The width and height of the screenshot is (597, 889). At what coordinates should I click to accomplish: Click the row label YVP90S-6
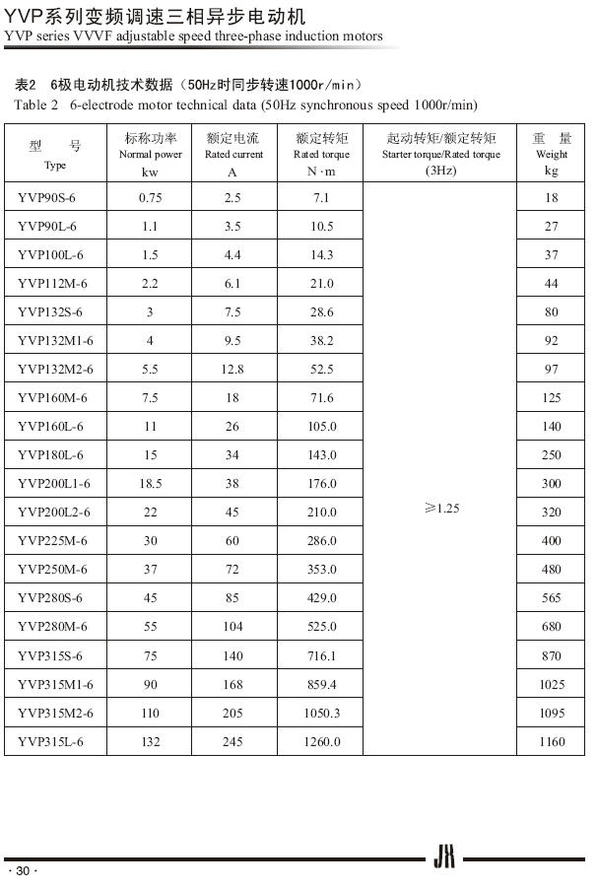coord(46,198)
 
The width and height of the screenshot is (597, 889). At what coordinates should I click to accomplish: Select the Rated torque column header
coord(321,154)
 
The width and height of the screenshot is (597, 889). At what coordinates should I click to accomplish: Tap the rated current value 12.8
coord(232,370)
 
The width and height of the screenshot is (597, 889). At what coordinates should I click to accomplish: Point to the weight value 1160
coord(552,741)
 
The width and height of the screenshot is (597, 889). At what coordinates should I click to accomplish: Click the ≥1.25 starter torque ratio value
coord(441,508)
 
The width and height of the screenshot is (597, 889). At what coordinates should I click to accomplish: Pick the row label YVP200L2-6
coord(54,513)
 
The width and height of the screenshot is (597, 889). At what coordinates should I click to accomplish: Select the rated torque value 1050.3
coord(322,713)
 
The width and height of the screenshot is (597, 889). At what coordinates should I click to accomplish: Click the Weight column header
coord(552,154)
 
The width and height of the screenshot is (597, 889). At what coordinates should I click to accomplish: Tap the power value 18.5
coord(151,484)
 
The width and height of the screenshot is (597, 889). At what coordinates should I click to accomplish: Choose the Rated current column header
coord(233,154)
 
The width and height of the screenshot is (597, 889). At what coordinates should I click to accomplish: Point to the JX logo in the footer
coord(444,859)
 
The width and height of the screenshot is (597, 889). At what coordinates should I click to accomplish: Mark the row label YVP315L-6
coord(50,741)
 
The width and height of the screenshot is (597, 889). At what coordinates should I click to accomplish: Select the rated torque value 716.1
coord(322,655)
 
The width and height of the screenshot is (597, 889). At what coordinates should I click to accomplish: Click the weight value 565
coord(552,598)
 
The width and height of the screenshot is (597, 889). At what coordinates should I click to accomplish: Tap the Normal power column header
coord(151,154)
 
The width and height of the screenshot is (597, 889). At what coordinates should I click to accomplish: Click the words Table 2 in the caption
coord(36,104)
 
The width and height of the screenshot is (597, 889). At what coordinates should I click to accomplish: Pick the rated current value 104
coord(232,627)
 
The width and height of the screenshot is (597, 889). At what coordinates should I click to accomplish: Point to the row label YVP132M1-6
coord(55,341)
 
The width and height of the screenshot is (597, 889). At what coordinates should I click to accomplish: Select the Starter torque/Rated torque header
coord(440,154)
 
